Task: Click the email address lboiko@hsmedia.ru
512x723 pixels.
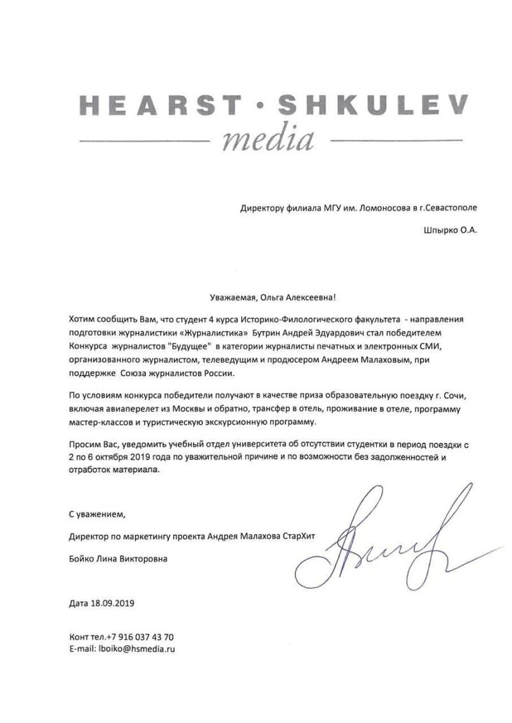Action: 136,648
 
